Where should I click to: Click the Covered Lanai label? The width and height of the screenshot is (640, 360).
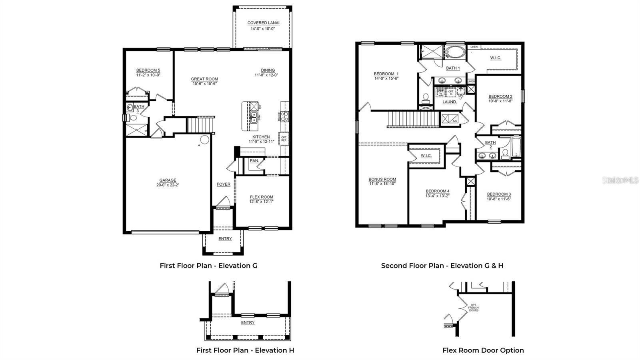tap(263, 23)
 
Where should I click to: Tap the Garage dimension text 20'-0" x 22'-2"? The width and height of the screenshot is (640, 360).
tap(168, 185)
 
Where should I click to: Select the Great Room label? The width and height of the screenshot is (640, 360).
tap(204, 79)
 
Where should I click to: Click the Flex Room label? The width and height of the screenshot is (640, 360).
tap(262, 197)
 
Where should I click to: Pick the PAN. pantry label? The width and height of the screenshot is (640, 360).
tap(254, 161)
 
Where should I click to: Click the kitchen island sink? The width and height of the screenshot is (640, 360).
tap(254, 117)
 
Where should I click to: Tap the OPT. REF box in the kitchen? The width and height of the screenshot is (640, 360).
tap(284, 139)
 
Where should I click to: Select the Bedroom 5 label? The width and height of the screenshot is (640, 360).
tap(148, 70)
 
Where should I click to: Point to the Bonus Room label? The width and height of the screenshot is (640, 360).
tap(382, 179)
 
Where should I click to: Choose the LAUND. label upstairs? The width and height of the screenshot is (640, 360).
tap(450, 102)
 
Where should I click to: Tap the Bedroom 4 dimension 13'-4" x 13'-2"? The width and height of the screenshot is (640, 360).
tap(438, 196)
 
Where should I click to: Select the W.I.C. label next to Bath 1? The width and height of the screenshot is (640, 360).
tap(496, 58)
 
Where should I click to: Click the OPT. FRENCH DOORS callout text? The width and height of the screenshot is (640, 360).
tap(473, 308)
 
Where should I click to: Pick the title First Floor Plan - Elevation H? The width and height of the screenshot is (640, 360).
tap(245, 350)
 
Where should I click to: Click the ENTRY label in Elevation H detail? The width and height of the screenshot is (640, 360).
tap(248, 322)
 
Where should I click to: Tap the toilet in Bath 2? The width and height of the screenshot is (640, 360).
tap(505, 153)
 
